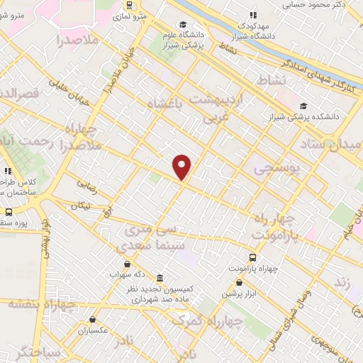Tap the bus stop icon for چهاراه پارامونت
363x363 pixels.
[253, 257]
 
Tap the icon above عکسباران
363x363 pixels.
[91, 320]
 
